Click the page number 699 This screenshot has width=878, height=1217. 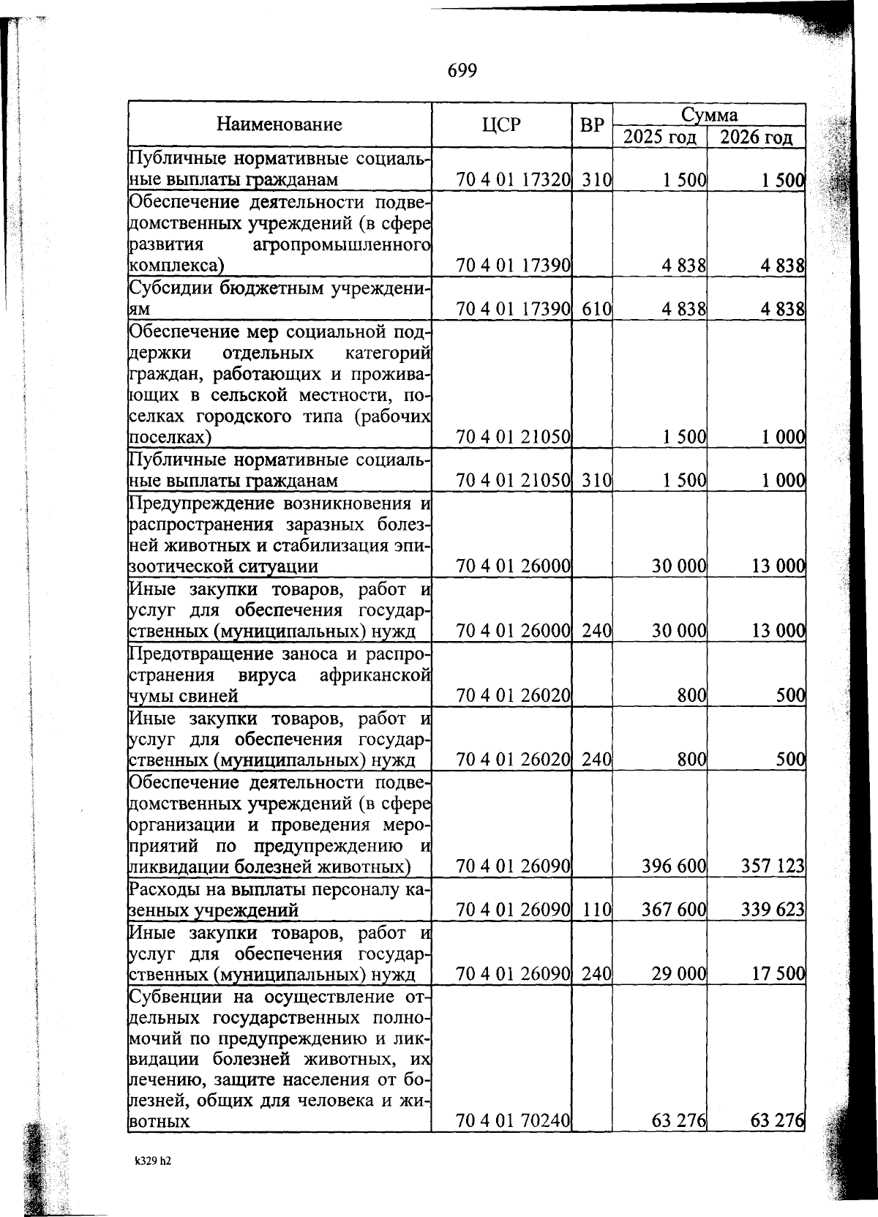click(x=461, y=70)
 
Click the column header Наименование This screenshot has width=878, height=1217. click(x=279, y=124)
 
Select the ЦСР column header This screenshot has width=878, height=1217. click(x=501, y=124)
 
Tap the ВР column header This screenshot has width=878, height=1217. click(x=592, y=125)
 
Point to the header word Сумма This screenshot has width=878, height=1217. click(x=709, y=114)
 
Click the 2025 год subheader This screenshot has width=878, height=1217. click(x=659, y=138)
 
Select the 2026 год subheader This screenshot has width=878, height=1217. click(x=756, y=138)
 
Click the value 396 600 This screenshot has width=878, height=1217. click(x=673, y=866)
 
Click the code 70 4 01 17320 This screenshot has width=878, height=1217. click(x=513, y=180)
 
